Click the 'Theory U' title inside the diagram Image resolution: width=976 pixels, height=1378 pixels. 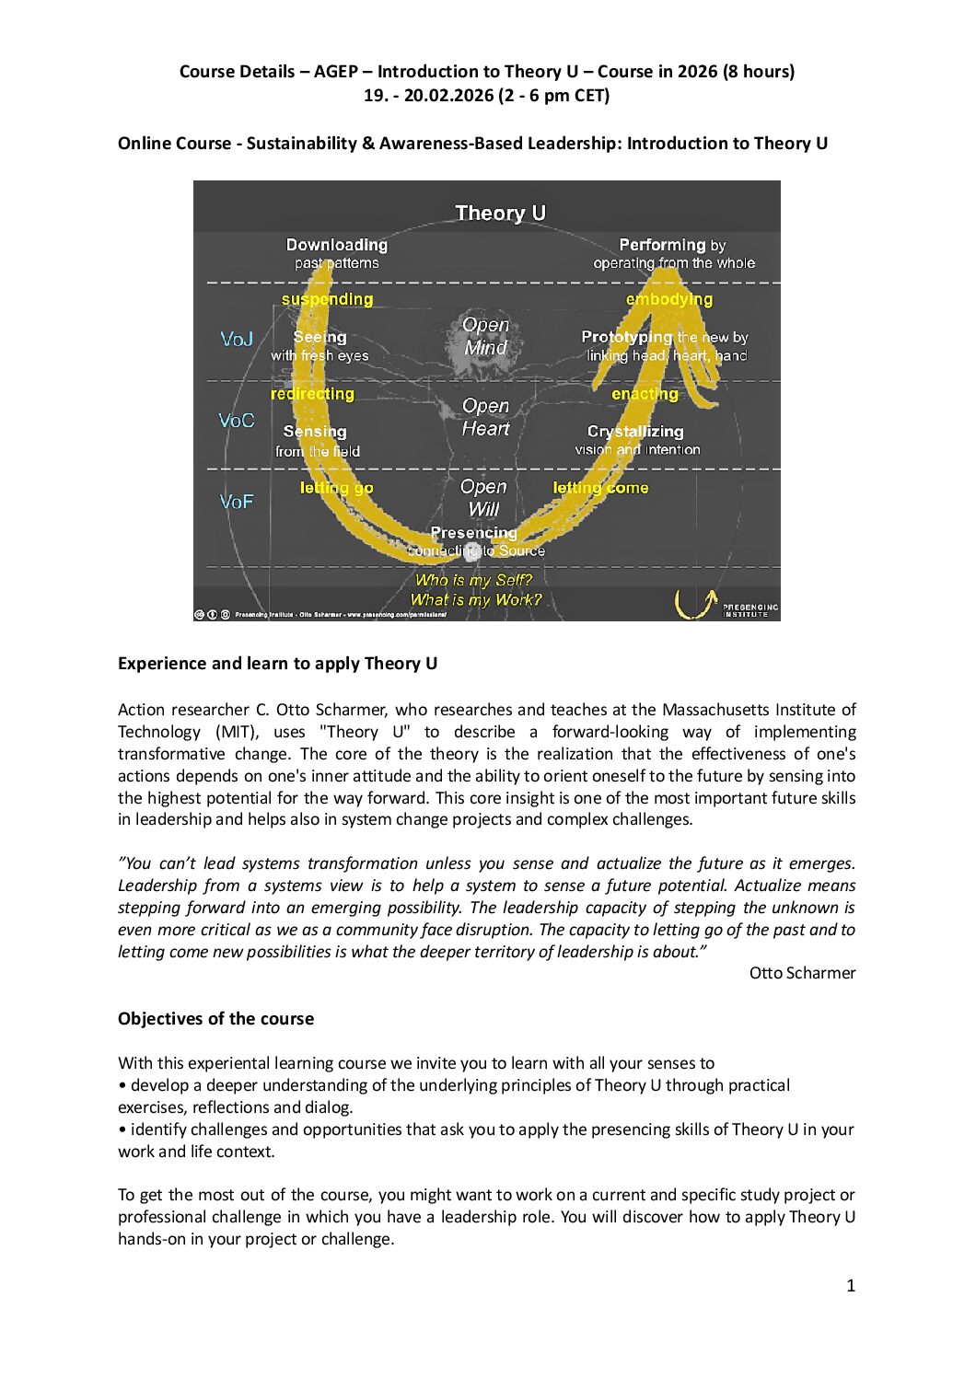[x=500, y=213]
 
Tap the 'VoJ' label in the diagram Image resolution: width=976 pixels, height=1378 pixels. [x=237, y=339]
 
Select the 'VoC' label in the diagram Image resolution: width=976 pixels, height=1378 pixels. [x=237, y=421]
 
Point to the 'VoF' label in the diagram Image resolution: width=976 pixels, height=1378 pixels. [x=237, y=502]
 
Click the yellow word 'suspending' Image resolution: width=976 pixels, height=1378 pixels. [x=327, y=299]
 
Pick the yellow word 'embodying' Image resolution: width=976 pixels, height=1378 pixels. [x=668, y=299]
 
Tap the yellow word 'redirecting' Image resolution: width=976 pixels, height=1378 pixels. [x=312, y=394]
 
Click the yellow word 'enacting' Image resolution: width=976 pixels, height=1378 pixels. [x=645, y=394]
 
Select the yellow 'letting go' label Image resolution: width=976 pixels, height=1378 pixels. [x=336, y=488]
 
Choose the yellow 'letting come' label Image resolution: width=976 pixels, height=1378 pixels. [x=600, y=488]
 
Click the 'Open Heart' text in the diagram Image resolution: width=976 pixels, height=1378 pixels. [x=485, y=417]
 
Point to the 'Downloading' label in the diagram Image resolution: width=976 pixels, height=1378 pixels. [x=336, y=245]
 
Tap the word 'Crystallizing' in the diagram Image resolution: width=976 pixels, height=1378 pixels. [x=635, y=431]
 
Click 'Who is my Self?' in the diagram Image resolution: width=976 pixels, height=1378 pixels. [x=473, y=580]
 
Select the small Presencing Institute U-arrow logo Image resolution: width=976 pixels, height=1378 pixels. [x=695, y=603]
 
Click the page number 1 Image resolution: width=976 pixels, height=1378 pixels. [x=851, y=1286]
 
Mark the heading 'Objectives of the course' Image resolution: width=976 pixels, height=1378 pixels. [x=215, y=1018]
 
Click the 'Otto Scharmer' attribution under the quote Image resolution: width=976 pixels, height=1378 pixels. [x=802, y=973]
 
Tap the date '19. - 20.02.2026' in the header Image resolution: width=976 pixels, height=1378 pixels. [x=428, y=96]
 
